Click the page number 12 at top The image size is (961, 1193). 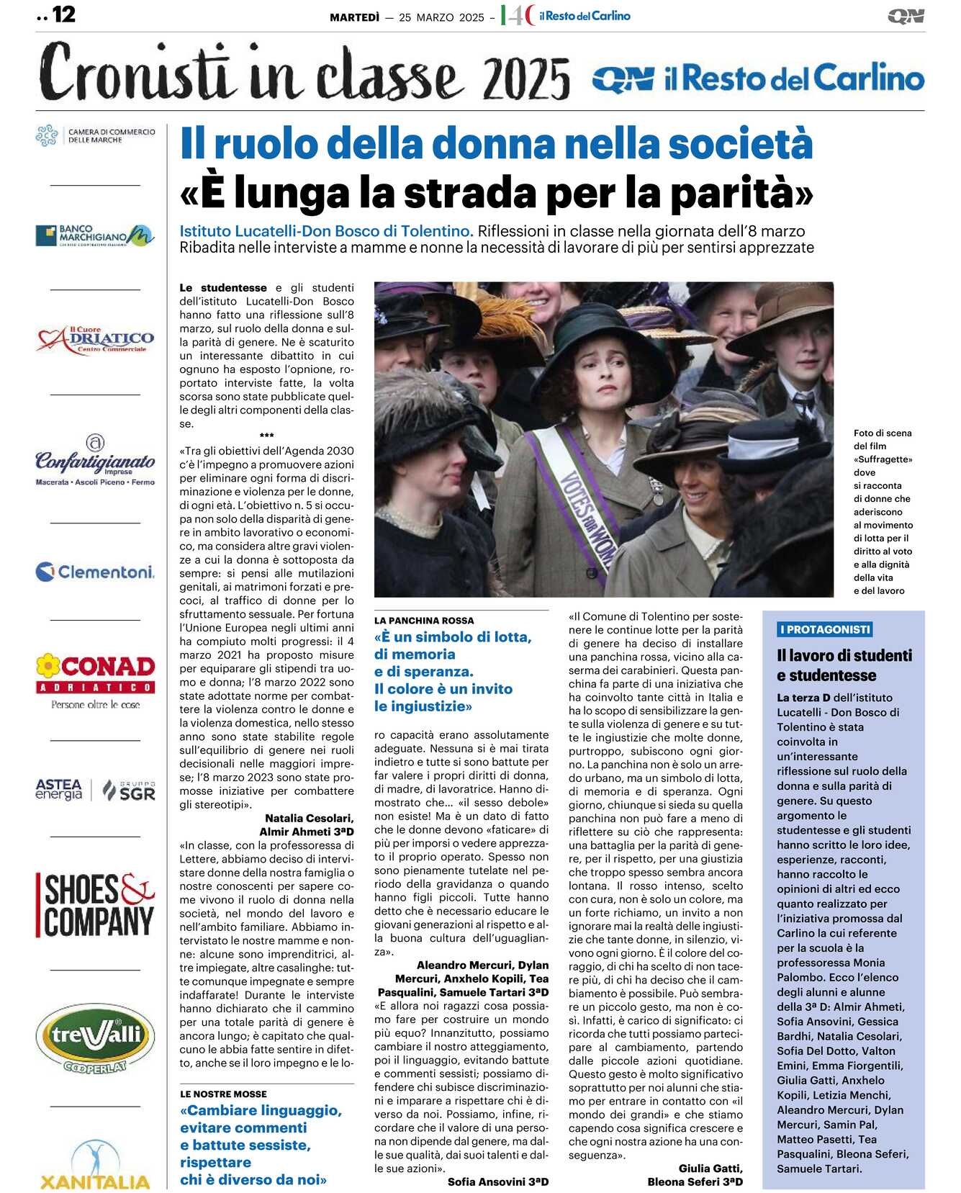coord(63,14)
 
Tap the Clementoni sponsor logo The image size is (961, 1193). coord(95,572)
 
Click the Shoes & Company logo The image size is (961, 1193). coord(95,904)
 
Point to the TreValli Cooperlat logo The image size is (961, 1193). coord(95,1038)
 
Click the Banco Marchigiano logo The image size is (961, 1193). coord(95,235)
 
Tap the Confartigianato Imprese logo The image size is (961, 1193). coord(95,461)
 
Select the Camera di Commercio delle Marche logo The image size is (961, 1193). coord(95,135)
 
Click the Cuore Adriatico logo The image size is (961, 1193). coord(95,340)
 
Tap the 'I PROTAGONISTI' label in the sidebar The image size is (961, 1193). coord(824,629)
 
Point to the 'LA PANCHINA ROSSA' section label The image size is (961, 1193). coord(424,621)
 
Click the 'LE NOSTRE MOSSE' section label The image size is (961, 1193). coord(223,1094)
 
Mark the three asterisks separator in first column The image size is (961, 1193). coord(266,436)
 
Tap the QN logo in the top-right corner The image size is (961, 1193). coord(905,16)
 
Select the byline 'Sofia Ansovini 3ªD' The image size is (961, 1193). coord(497,1181)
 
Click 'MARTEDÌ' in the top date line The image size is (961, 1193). coord(354,17)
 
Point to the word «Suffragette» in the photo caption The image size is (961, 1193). coord(883,459)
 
